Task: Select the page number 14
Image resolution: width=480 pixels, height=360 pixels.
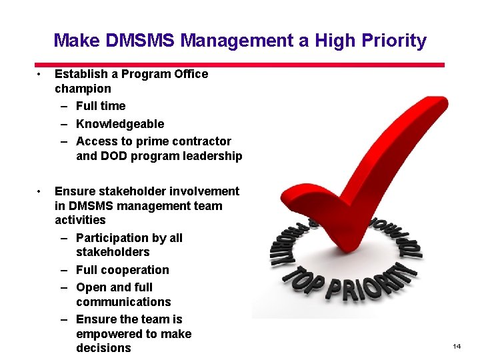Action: pyautogui.click(x=457, y=347)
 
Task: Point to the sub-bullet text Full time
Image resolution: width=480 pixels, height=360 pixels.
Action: pyautogui.click(x=101, y=106)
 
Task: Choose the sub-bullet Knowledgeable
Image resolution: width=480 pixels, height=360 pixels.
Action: pyautogui.click(x=120, y=124)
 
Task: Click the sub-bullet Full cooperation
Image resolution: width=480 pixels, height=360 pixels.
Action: pyautogui.click(x=123, y=270)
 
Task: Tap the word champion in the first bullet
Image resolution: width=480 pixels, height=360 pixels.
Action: pyautogui.click(x=83, y=89)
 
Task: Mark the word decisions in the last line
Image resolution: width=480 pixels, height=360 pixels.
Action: pyautogui.click(x=103, y=348)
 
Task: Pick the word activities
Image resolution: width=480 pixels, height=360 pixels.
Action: pyautogui.click(x=80, y=220)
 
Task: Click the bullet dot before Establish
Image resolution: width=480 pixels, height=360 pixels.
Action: pyautogui.click(x=41, y=74)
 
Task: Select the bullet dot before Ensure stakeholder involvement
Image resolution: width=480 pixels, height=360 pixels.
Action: pyautogui.click(x=41, y=191)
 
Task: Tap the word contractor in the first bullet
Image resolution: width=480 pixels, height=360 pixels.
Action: pyautogui.click(x=201, y=141)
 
